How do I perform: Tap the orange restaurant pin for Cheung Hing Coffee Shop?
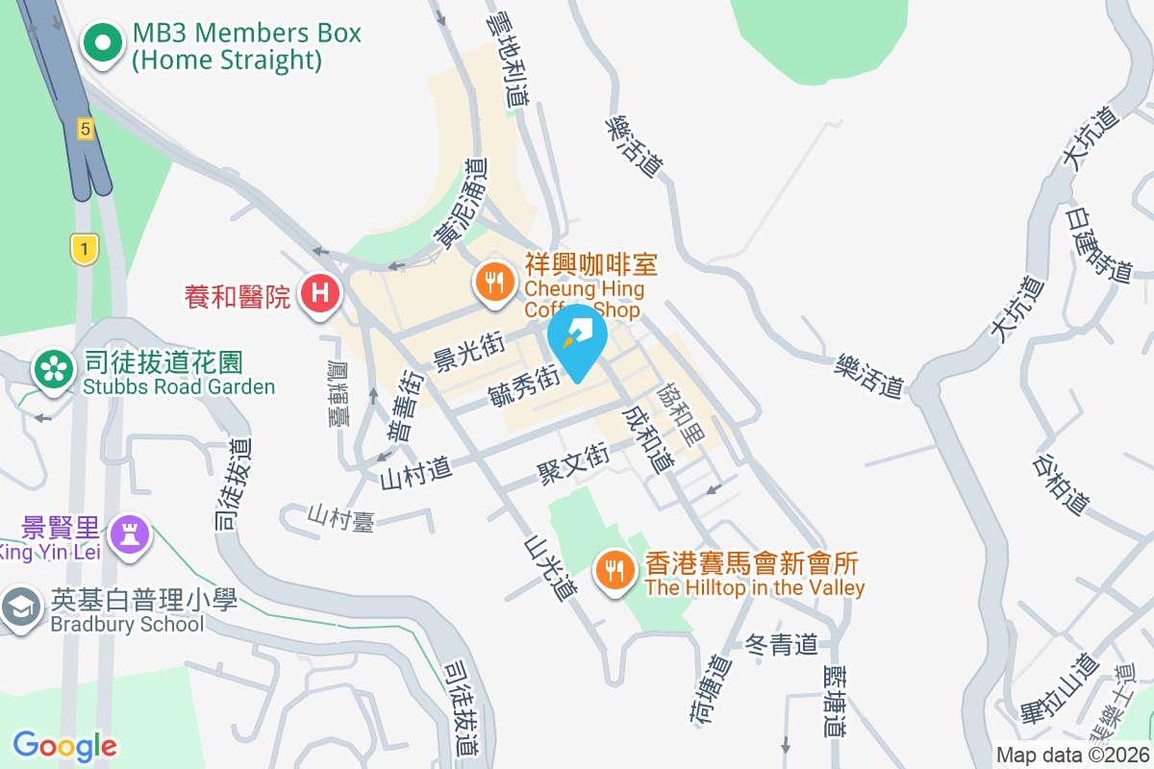pos(494,283)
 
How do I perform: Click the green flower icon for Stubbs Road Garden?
pos(53,371)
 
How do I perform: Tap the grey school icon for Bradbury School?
pos(19,608)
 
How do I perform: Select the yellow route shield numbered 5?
pos(86,128)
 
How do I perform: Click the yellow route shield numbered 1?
pos(85,250)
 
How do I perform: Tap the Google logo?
pos(64,746)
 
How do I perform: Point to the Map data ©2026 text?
pos(1072,756)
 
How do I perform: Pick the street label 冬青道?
pos(781,644)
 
